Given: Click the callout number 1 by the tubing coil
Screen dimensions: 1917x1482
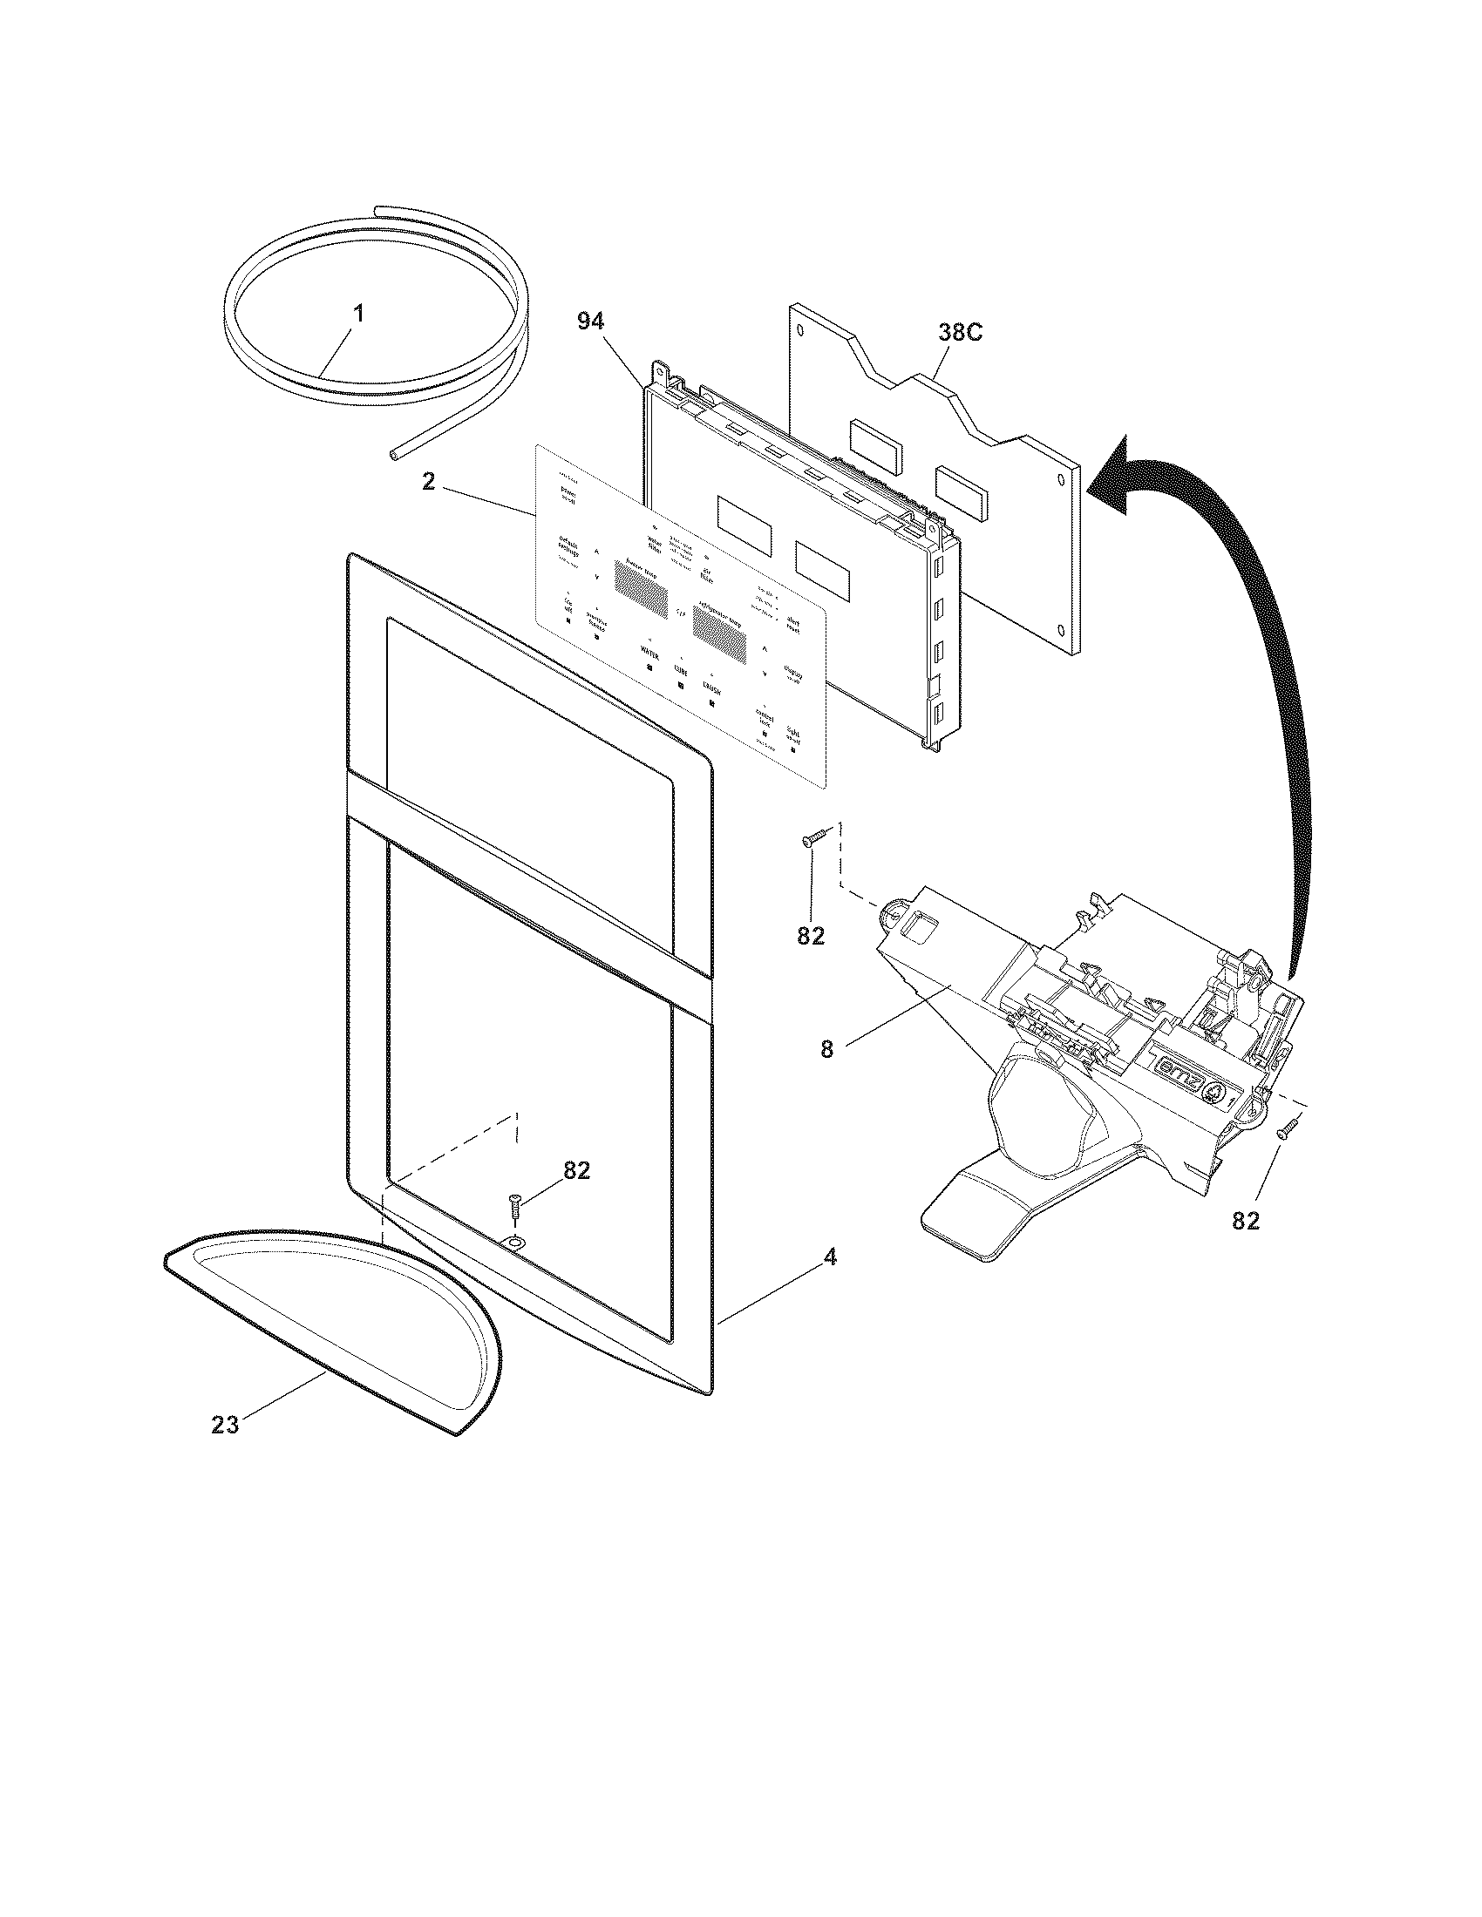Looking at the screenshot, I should [x=358, y=314].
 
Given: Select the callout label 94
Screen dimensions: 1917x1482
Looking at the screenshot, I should [x=590, y=322].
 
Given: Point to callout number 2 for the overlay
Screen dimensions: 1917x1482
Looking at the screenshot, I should [x=428, y=482].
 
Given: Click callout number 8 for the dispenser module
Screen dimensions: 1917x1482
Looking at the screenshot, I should [x=826, y=1048].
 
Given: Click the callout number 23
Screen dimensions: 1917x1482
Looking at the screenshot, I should [x=225, y=1425].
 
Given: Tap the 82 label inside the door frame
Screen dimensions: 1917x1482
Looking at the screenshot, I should [x=576, y=1170].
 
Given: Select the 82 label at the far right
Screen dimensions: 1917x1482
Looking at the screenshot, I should [x=1245, y=1220].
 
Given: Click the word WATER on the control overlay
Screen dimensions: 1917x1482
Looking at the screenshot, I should [x=649, y=653].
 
